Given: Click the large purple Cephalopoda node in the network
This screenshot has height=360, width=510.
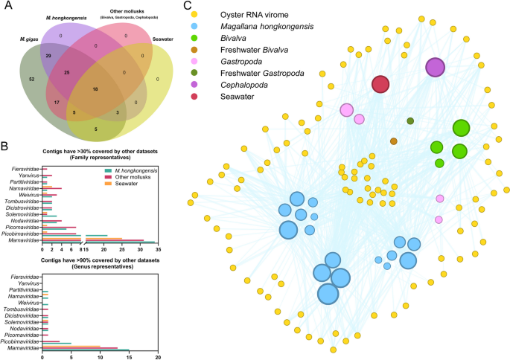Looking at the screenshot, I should (x=435, y=68).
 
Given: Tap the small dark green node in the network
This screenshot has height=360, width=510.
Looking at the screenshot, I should (x=410, y=120).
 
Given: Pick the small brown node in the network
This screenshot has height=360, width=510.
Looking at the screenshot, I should (x=394, y=141).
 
